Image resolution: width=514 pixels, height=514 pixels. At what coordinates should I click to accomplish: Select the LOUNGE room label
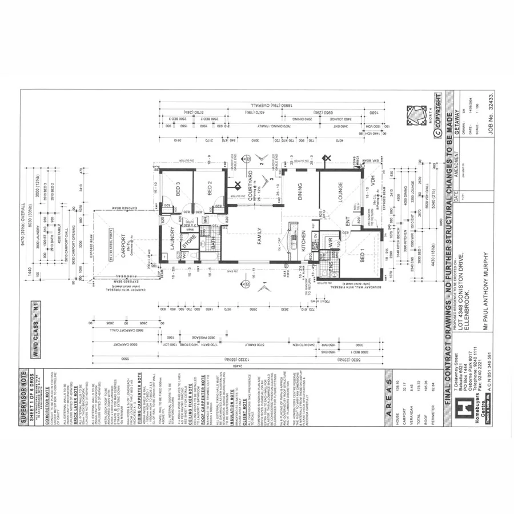coord(340,195)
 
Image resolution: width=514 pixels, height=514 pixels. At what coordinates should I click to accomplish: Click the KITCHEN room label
coord(303,241)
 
